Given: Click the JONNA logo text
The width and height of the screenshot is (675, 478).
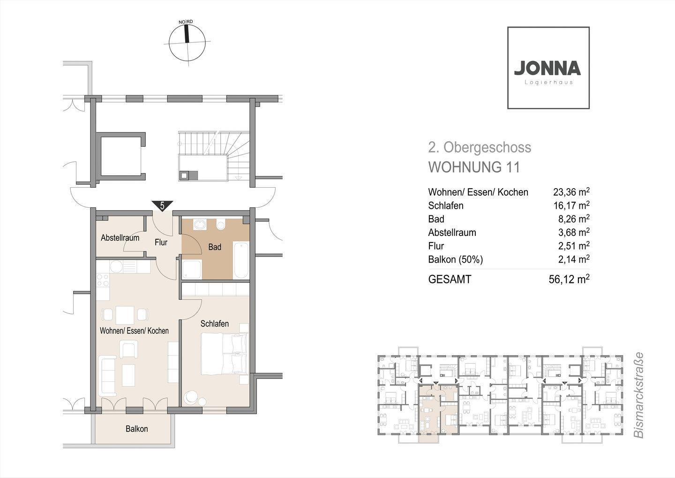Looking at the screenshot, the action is [x=547, y=68].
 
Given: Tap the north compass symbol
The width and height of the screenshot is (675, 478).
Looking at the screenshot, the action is [x=187, y=41].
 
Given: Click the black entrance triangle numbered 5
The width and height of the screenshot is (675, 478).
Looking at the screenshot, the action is [x=162, y=206].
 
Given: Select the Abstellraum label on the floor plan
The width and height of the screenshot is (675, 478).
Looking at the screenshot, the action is [x=120, y=238].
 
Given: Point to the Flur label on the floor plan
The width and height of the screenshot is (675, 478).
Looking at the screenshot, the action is [x=161, y=242].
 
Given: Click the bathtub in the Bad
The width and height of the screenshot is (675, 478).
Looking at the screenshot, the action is [x=241, y=260].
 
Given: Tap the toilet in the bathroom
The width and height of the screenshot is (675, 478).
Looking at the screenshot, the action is [x=221, y=224].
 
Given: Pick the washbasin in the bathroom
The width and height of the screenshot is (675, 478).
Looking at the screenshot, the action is [x=200, y=224].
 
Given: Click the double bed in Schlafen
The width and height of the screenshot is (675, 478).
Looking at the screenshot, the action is [x=224, y=354].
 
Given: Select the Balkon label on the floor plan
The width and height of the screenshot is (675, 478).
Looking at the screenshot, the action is [x=137, y=429].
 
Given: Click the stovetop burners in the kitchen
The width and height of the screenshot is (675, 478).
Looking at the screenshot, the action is [x=103, y=281].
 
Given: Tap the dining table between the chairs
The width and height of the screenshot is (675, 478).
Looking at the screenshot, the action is [x=125, y=315].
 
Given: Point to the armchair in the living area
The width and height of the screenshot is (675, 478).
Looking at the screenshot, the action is [x=128, y=349].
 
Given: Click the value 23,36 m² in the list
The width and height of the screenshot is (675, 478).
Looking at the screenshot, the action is [x=571, y=192].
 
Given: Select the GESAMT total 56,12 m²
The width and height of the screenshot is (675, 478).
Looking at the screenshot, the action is [x=569, y=279].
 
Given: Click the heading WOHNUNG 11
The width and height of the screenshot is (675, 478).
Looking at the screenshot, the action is [x=474, y=167].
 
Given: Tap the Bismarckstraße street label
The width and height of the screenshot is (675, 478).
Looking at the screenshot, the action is [x=638, y=395].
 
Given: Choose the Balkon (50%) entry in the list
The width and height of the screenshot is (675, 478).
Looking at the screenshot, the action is [x=455, y=260].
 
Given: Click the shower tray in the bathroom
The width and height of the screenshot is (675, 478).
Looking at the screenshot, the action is [x=192, y=270].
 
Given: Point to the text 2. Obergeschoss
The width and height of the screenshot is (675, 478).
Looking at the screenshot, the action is [x=480, y=148].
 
